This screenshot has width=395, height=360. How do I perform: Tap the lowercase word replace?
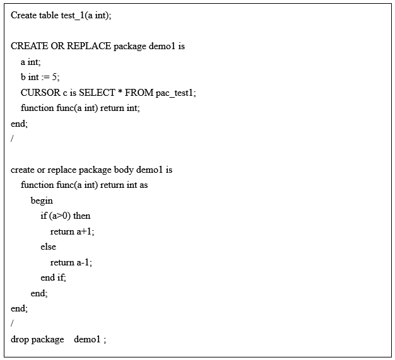61,170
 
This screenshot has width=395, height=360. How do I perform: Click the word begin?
42,200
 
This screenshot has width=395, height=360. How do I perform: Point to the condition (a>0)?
60,216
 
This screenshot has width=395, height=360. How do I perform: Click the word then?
82,216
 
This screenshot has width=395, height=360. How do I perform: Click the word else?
48,247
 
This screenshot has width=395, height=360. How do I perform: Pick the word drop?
20,339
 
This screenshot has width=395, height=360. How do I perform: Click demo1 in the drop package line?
87,339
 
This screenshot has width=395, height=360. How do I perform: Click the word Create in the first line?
23,16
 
